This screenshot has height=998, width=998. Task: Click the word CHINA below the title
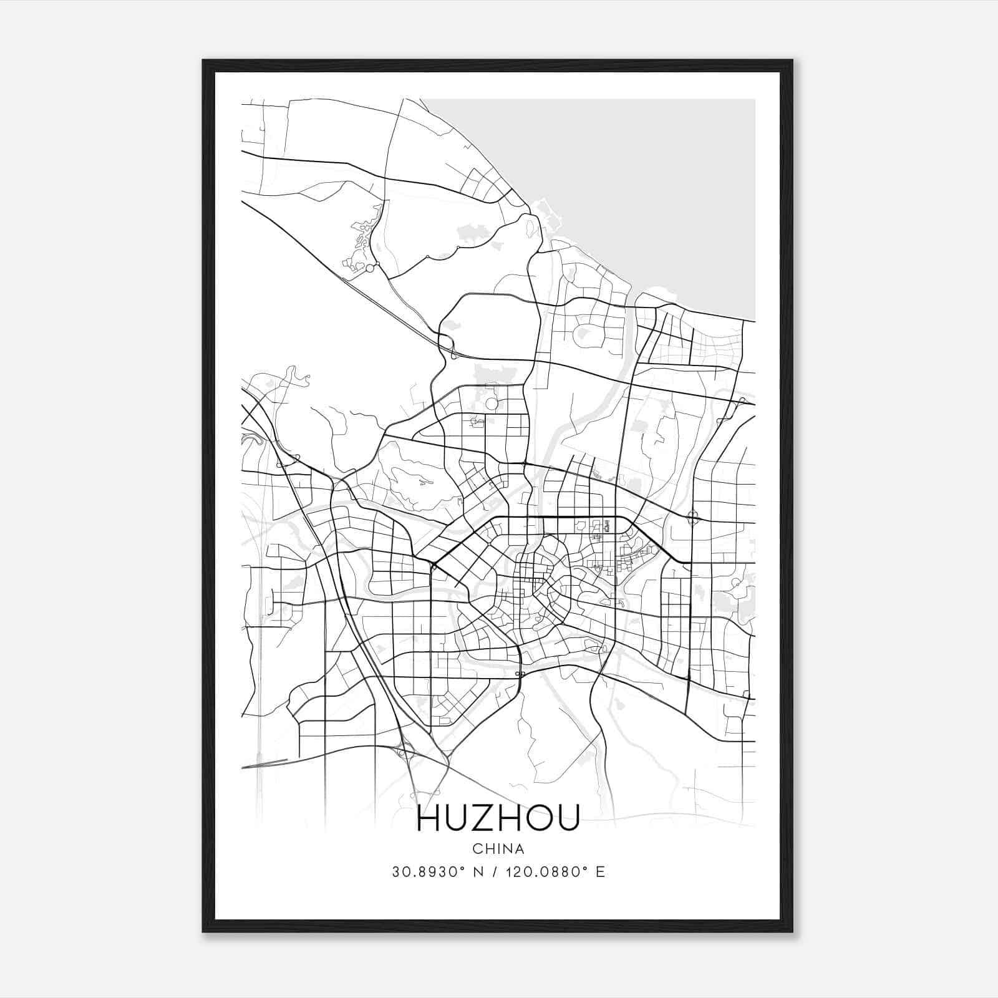tap(498, 849)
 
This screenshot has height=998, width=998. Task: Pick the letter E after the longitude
tap(601, 872)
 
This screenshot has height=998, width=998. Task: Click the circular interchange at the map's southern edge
tap(404, 753)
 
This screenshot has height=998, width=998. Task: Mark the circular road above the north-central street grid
tap(492, 404)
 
